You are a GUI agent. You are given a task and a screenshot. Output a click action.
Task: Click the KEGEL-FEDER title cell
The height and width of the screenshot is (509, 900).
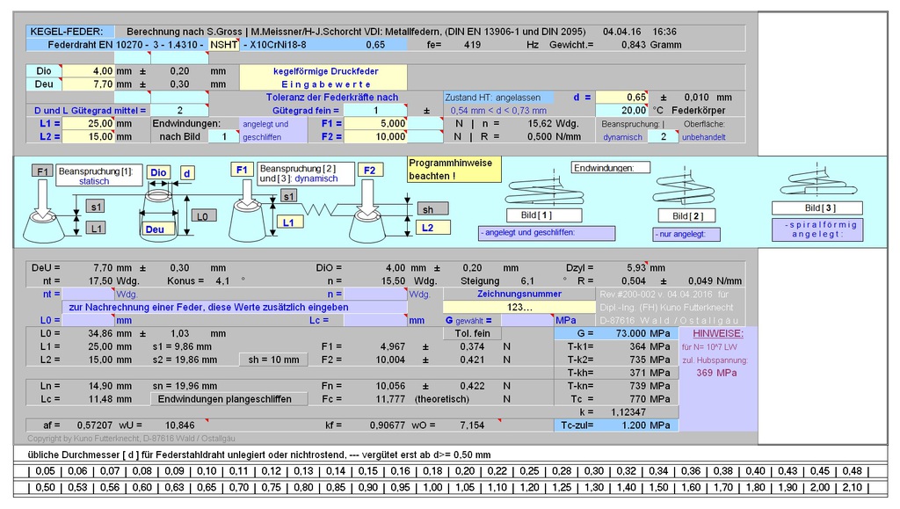click(x=65, y=31)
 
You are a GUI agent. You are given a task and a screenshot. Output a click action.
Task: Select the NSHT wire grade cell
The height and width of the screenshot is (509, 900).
click(x=223, y=44)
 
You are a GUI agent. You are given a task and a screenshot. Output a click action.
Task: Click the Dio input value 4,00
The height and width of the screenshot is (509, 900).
click(x=88, y=70)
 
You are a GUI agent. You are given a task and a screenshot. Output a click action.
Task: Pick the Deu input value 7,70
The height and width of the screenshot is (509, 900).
click(x=88, y=84)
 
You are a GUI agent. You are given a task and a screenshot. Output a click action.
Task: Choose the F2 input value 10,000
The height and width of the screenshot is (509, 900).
click(x=375, y=137)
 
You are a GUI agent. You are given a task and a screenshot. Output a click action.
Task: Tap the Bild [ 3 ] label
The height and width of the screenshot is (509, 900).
click(x=817, y=207)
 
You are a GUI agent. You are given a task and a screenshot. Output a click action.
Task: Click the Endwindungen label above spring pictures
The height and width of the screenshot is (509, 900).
click(x=611, y=167)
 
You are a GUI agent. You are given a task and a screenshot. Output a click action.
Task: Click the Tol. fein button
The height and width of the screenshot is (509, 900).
click(x=472, y=333)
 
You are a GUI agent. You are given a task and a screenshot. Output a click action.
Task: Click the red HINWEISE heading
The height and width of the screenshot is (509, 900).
click(x=717, y=334)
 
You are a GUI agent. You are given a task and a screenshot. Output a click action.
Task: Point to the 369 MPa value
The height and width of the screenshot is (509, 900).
click(x=716, y=373)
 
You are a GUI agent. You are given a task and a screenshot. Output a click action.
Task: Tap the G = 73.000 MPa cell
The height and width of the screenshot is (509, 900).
click(x=616, y=334)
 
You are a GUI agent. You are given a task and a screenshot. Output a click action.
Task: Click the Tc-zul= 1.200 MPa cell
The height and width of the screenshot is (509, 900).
click(x=616, y=425)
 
